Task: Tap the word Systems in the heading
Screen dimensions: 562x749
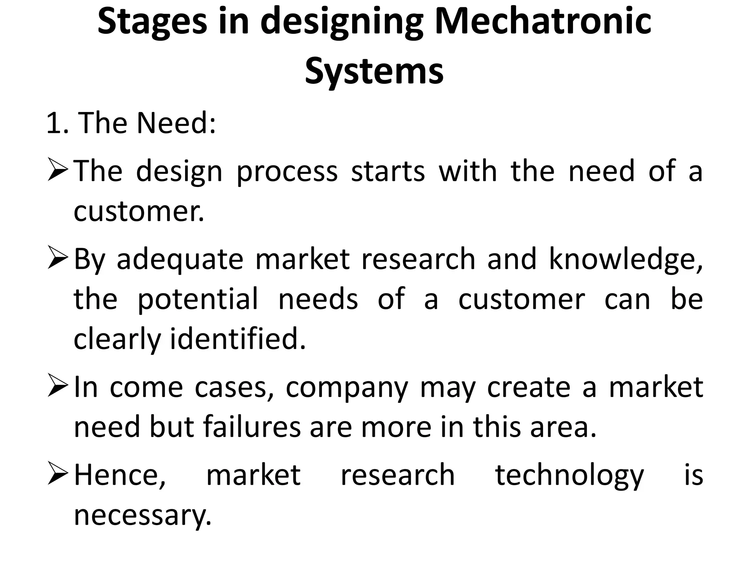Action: [x=374, y=70]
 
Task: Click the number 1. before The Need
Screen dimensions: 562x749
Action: [x=57, y=123]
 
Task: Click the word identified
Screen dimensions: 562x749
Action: [x=238, y=338]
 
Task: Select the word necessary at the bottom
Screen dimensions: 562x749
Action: [x=143, y=515]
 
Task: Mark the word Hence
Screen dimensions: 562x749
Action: [x=120, y=475]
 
